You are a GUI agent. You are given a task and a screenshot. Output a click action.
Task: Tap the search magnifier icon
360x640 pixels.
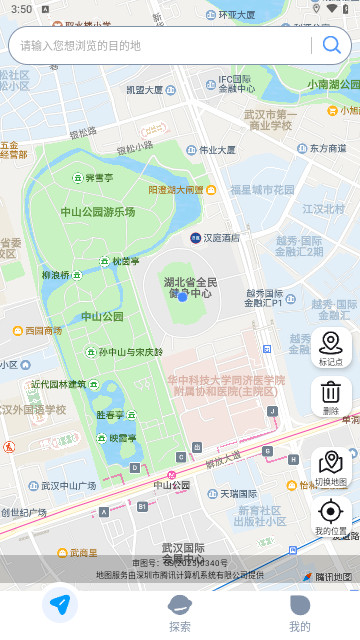tap(330, 45)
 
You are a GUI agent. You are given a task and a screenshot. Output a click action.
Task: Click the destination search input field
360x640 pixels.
tap(160, 45)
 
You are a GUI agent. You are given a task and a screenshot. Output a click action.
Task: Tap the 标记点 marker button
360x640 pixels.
tap(330, 348)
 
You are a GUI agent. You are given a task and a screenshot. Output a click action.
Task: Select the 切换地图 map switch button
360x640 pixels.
tap(330, 468)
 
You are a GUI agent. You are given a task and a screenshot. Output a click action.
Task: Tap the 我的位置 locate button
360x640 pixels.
tap(330, 517)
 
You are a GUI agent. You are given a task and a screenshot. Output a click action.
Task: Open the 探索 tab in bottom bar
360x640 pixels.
tap(180, 613)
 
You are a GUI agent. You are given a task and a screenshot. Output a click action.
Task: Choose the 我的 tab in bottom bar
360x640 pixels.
tap(299, 613)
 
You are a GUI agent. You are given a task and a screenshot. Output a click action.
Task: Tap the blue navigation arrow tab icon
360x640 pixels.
tap(60, 605)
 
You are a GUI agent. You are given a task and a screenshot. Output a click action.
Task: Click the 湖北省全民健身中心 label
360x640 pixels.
tap(190, 288)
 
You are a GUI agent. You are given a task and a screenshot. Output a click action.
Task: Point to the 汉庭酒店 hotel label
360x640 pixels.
tap(221, 238)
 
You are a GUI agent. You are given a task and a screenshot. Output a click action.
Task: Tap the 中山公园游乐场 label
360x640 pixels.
tap(97, 212)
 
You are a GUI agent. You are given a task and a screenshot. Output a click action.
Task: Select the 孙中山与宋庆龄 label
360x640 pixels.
tap(130, 352)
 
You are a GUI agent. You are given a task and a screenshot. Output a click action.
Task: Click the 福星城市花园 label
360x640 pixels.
tap(263, 189)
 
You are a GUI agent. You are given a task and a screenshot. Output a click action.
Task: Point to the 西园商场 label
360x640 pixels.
tap(43, 330)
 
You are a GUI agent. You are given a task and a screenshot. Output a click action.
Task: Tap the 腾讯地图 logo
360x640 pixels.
tap(327, 576)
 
